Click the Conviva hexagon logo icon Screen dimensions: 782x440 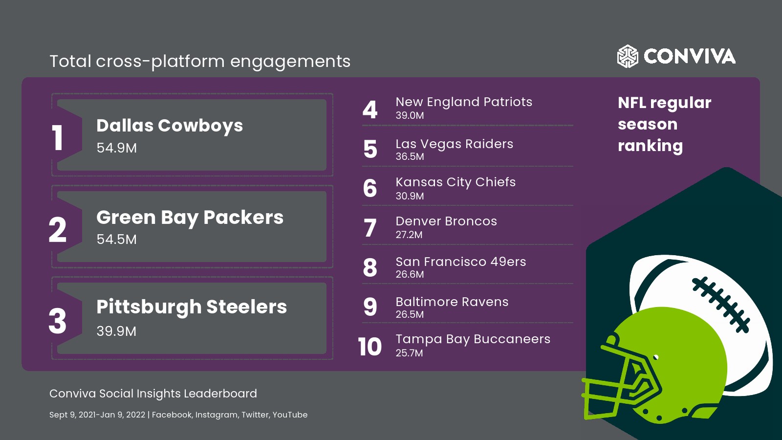click(x=628, y=56)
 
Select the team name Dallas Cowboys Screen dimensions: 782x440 click(x=170, y=126)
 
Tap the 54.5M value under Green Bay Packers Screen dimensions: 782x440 click(x=117, y=239)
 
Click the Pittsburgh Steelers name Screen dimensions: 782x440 click(x=192, y=307)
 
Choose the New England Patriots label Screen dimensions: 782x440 click(x=464, y=102)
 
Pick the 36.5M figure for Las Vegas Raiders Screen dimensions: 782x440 click(x=410, y=156)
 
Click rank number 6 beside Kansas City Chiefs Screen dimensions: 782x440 click(x=370, y=188)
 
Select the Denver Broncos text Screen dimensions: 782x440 click(x=446, y=221)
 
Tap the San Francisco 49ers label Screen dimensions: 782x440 click(x=461, y=262)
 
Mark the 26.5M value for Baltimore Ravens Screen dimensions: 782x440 click(x=410, y=314)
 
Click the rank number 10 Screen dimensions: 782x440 click(x=370, y=347)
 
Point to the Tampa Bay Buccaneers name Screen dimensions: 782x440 click(x=473, y=339)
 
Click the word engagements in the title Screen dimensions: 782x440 click(x=290, y=62)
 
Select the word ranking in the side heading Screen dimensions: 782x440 click(x=651, y=146)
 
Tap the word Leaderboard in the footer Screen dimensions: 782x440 click(x=220, y=394)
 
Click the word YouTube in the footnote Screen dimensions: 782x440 click(x=290, y=415)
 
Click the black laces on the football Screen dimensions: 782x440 click(x=721, y=305)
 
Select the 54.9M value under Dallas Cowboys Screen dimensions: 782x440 click(x=117, y=148)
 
